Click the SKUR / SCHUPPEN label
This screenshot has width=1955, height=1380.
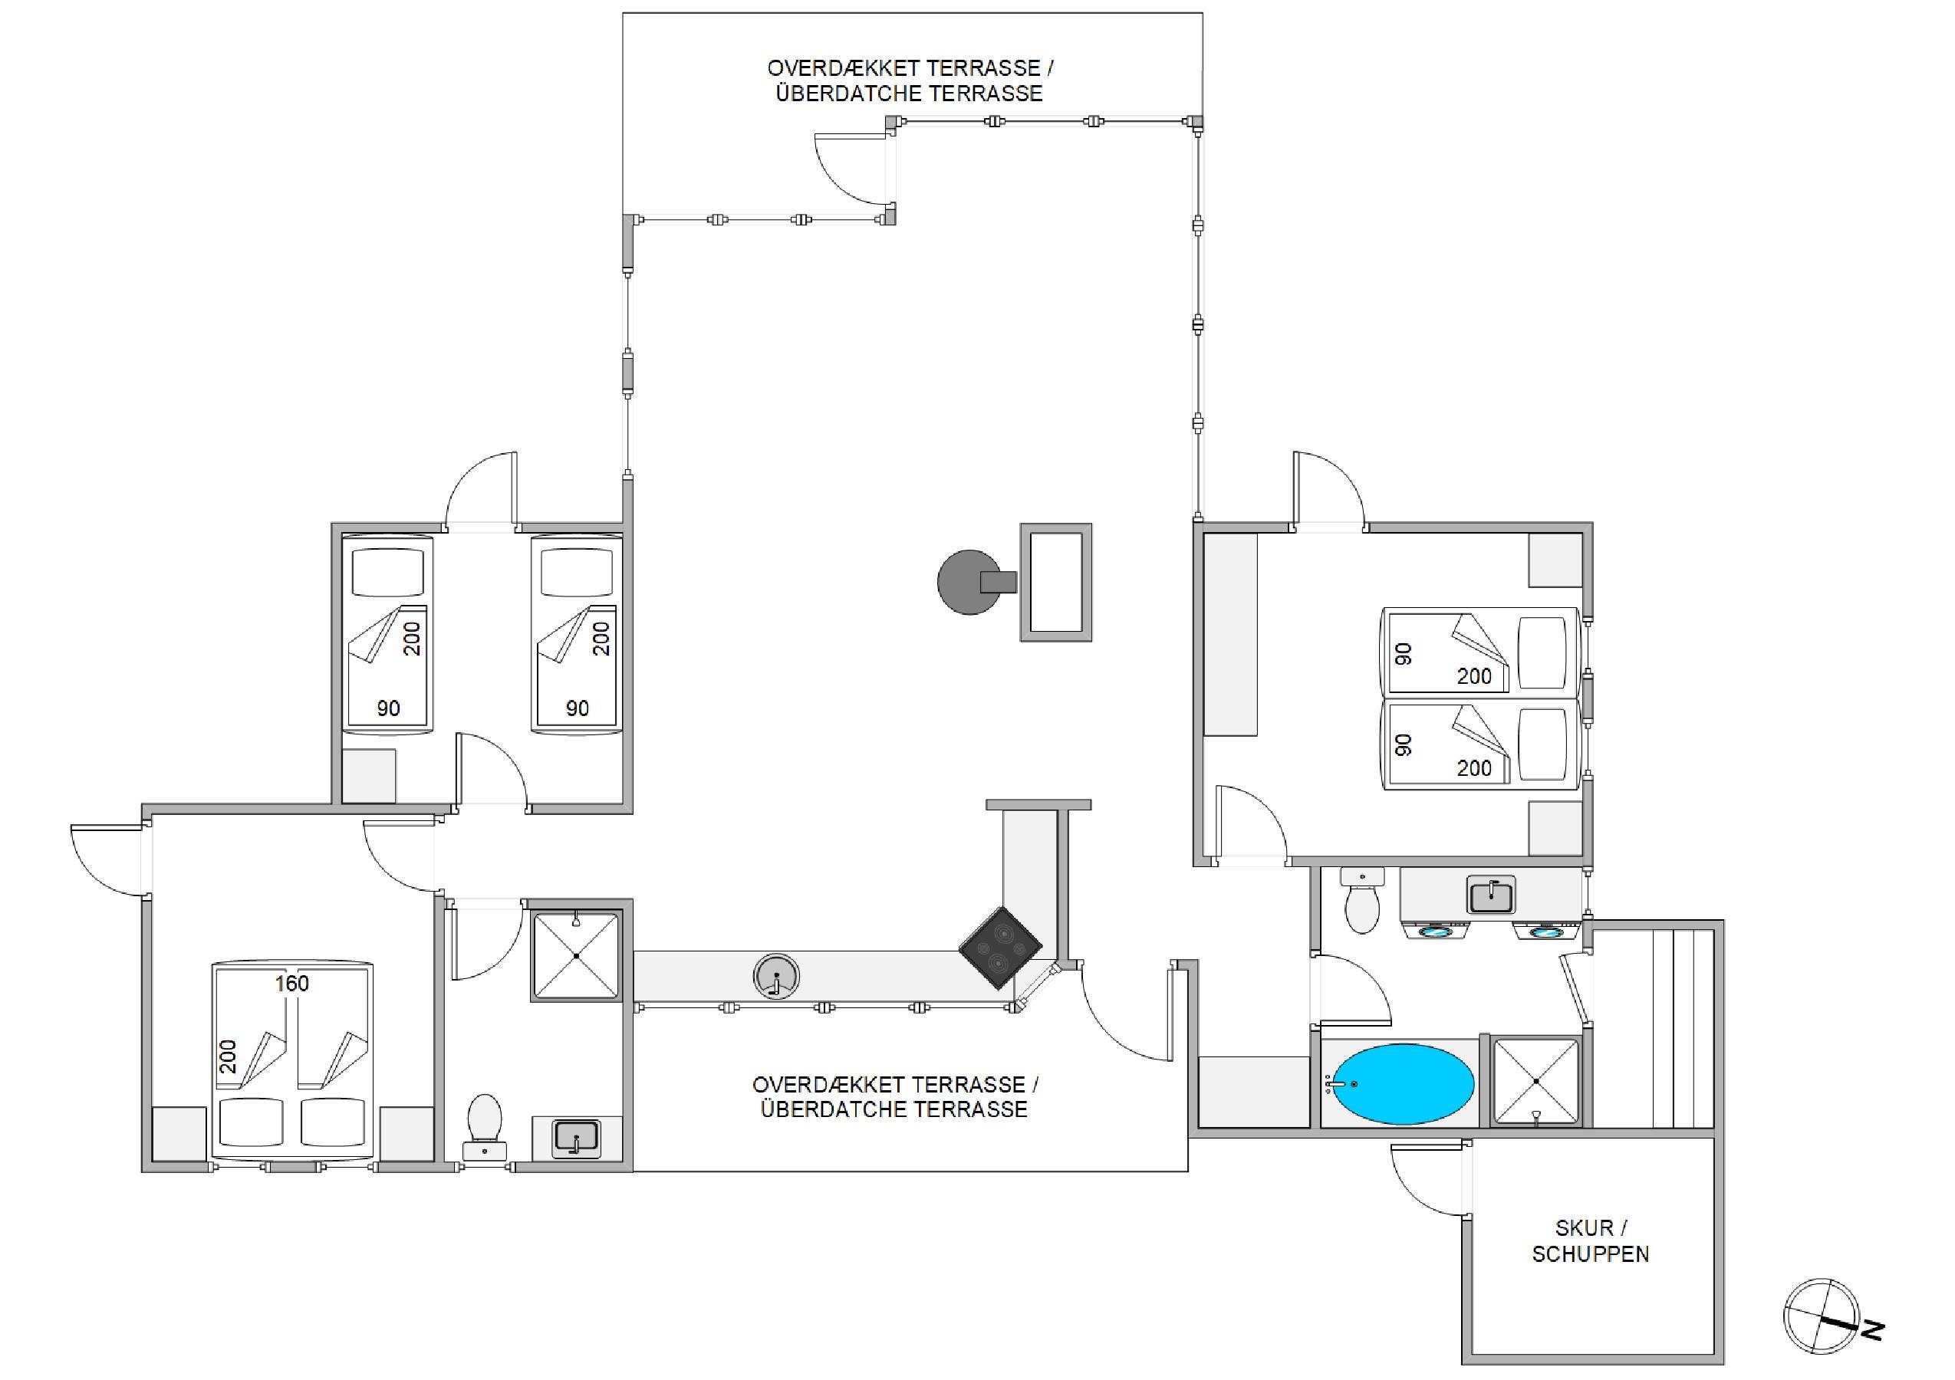[1590, 1240]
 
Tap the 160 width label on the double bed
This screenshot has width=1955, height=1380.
[291, 984]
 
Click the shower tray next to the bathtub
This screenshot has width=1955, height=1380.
[1536, 1081]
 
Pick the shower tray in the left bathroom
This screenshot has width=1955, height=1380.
[577, 955]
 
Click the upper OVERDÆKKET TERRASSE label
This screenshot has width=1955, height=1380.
[910, 68]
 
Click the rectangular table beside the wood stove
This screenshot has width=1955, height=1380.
[1056, 583]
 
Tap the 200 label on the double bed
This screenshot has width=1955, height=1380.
[229, 1056]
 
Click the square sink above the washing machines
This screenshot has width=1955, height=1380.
[1491, 895]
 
